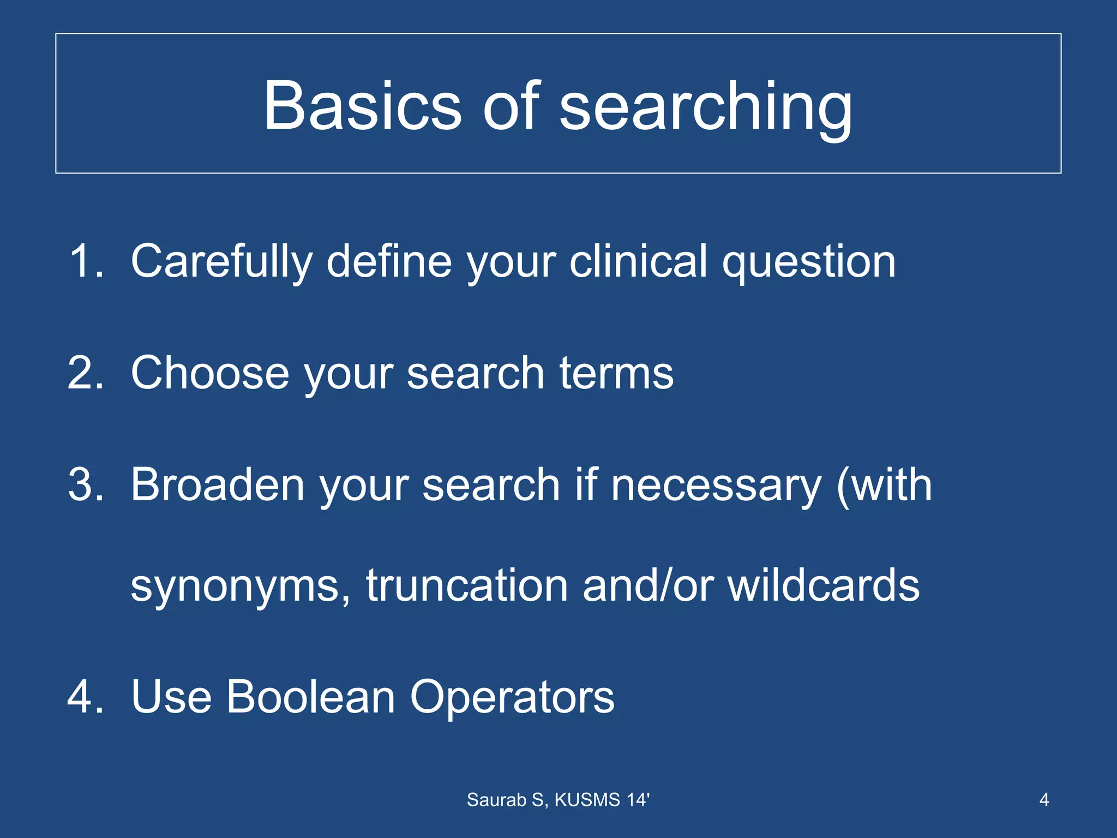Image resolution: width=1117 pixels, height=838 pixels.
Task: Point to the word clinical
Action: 638,261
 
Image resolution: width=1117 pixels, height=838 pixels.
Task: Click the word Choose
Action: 210,373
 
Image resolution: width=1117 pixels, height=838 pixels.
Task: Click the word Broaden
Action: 217,484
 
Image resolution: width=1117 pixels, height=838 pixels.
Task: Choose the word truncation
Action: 467,585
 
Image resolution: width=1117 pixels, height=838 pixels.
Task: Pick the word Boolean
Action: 310,697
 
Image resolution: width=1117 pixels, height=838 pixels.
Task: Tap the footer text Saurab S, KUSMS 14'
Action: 558,800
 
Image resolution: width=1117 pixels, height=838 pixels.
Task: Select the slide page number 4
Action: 1044,800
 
